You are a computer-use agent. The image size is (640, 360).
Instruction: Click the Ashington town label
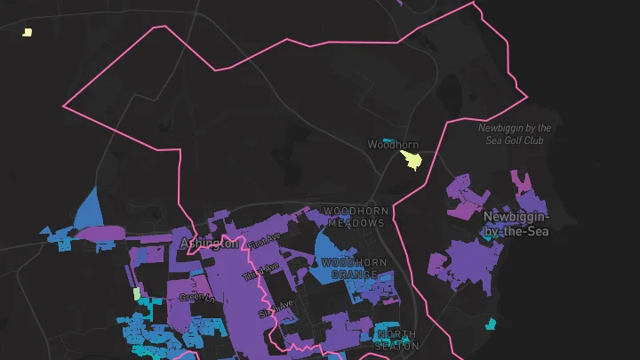[x=209, y=243]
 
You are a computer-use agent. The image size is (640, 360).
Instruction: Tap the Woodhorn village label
[x=393, y=144]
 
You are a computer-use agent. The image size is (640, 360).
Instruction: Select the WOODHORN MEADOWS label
[x=354, y=217]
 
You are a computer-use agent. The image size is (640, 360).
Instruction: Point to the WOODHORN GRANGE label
[x=354, y=268]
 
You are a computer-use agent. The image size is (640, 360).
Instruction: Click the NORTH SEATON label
[x=396, y=340]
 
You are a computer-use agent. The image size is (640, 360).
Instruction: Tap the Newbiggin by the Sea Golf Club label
[x=515, y=134]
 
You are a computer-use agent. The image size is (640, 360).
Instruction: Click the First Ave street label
[x=263, y=241]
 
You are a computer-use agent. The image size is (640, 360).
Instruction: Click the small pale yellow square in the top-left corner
[x=28, y=32]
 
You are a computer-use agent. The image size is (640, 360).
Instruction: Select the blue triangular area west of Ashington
[x=90, y=211]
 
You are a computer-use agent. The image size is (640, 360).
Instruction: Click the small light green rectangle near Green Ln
[x=136, y=292]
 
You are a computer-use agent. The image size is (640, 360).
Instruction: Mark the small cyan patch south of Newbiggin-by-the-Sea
[x=490, y=323]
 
